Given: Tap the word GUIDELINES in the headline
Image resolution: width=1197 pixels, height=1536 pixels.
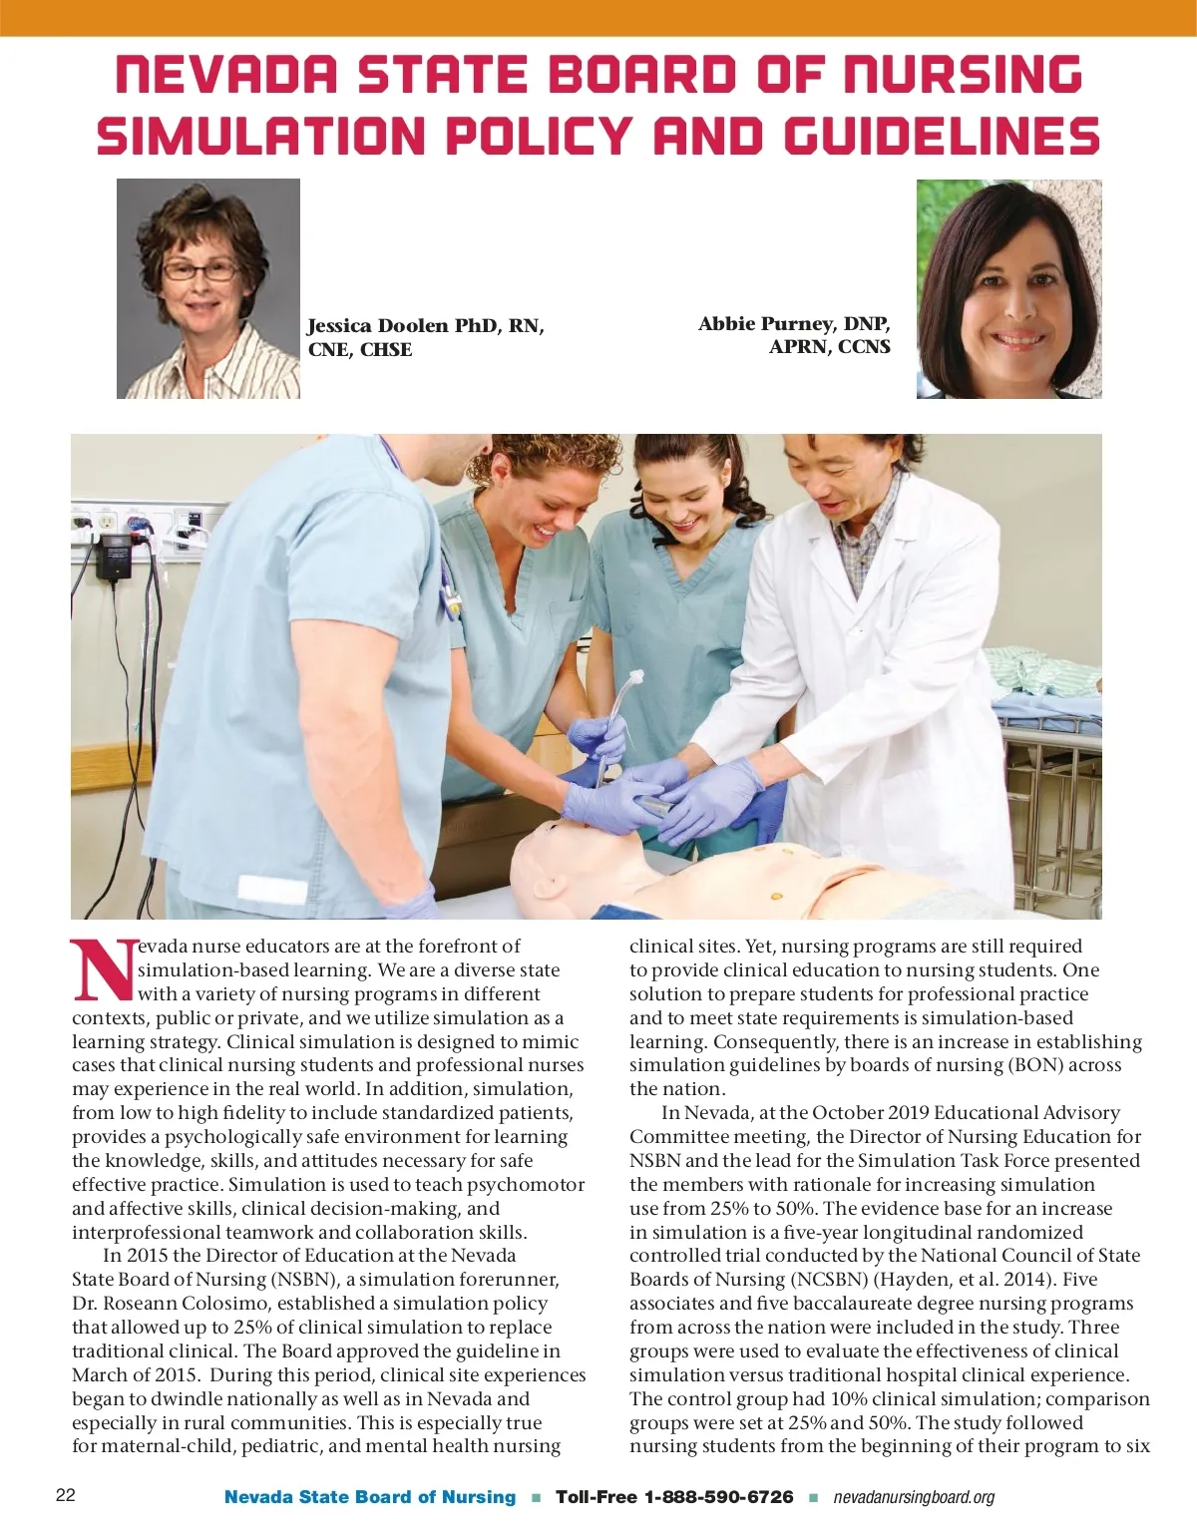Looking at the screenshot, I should (942, 137).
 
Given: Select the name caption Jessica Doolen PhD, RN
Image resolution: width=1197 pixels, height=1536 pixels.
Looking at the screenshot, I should (425, 326).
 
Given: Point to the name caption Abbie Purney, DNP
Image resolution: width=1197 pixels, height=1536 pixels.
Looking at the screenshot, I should (794, 324).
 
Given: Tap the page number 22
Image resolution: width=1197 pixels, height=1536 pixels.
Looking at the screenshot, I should (66, 1495).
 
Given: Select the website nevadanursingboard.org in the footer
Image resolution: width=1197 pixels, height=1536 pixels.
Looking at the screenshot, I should (914, 1497).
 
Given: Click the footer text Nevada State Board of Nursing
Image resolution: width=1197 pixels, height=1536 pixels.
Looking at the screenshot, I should (370, 1497).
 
